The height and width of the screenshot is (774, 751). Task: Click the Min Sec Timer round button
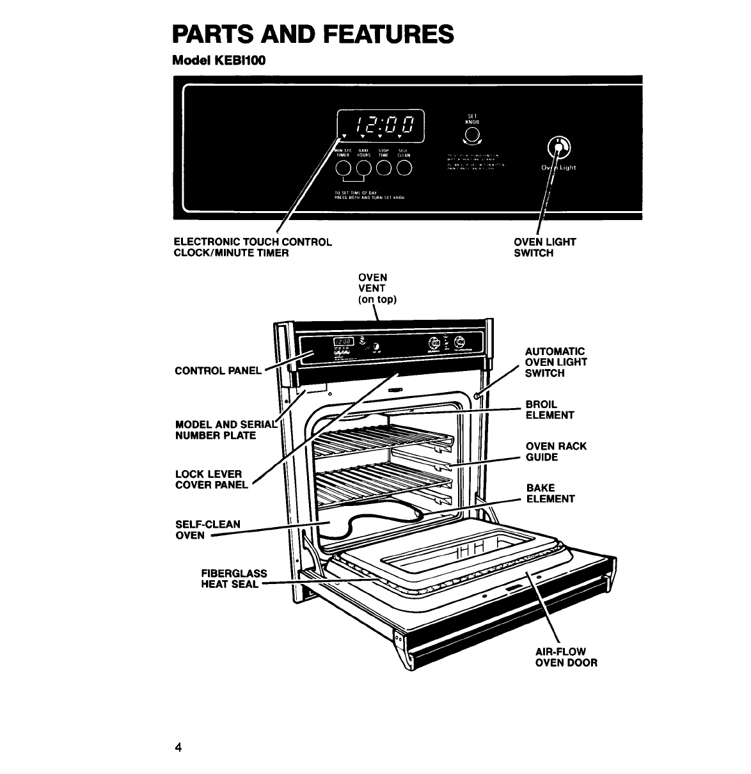344,168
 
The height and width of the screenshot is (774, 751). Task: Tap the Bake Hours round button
364,168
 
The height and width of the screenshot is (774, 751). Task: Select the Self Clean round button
404,168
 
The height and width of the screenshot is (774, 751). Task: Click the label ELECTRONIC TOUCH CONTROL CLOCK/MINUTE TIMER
253,247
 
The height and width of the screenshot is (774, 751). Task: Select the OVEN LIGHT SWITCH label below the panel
544,247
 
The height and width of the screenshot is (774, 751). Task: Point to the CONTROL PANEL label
217,370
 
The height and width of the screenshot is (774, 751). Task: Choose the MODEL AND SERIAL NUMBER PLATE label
225,430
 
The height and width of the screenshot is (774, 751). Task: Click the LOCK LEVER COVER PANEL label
211,479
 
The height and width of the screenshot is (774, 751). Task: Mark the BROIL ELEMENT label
549,409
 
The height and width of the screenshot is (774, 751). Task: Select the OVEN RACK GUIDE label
555,452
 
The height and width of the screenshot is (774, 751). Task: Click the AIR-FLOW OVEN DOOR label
565,657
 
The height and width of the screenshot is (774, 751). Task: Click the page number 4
178,748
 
